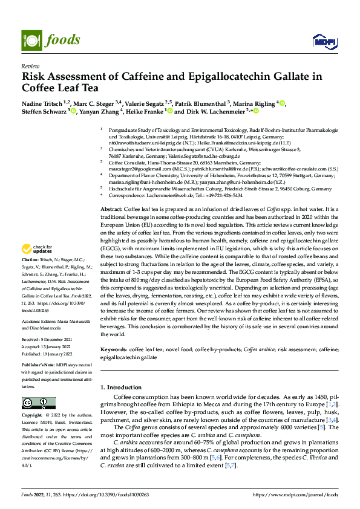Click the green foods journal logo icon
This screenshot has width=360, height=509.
[31, 40]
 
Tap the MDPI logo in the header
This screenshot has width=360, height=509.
[321, 41]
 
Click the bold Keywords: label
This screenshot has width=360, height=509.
[113, 349]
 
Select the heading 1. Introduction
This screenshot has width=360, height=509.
[120, 386]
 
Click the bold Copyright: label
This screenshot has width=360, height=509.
[32, 416]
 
